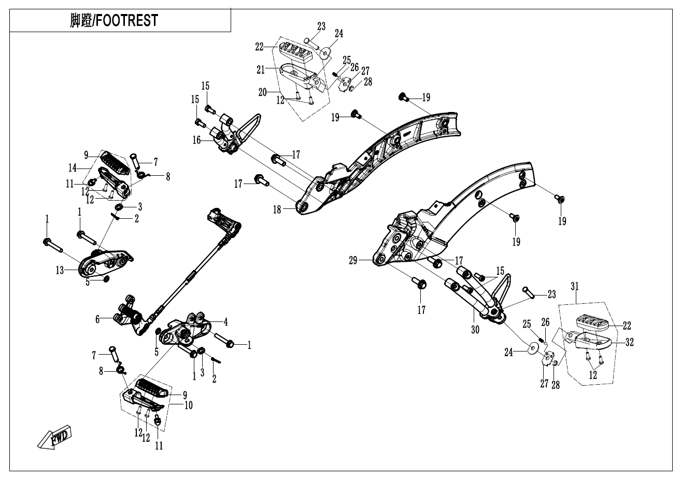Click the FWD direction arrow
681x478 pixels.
55,439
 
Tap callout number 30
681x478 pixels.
475,329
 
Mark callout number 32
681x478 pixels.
630,342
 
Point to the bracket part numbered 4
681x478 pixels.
187,332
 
